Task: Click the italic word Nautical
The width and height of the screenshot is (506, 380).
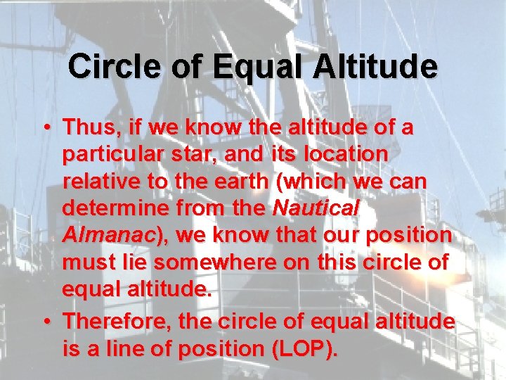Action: point(316,208)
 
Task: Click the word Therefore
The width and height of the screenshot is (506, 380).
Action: point(119,322)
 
